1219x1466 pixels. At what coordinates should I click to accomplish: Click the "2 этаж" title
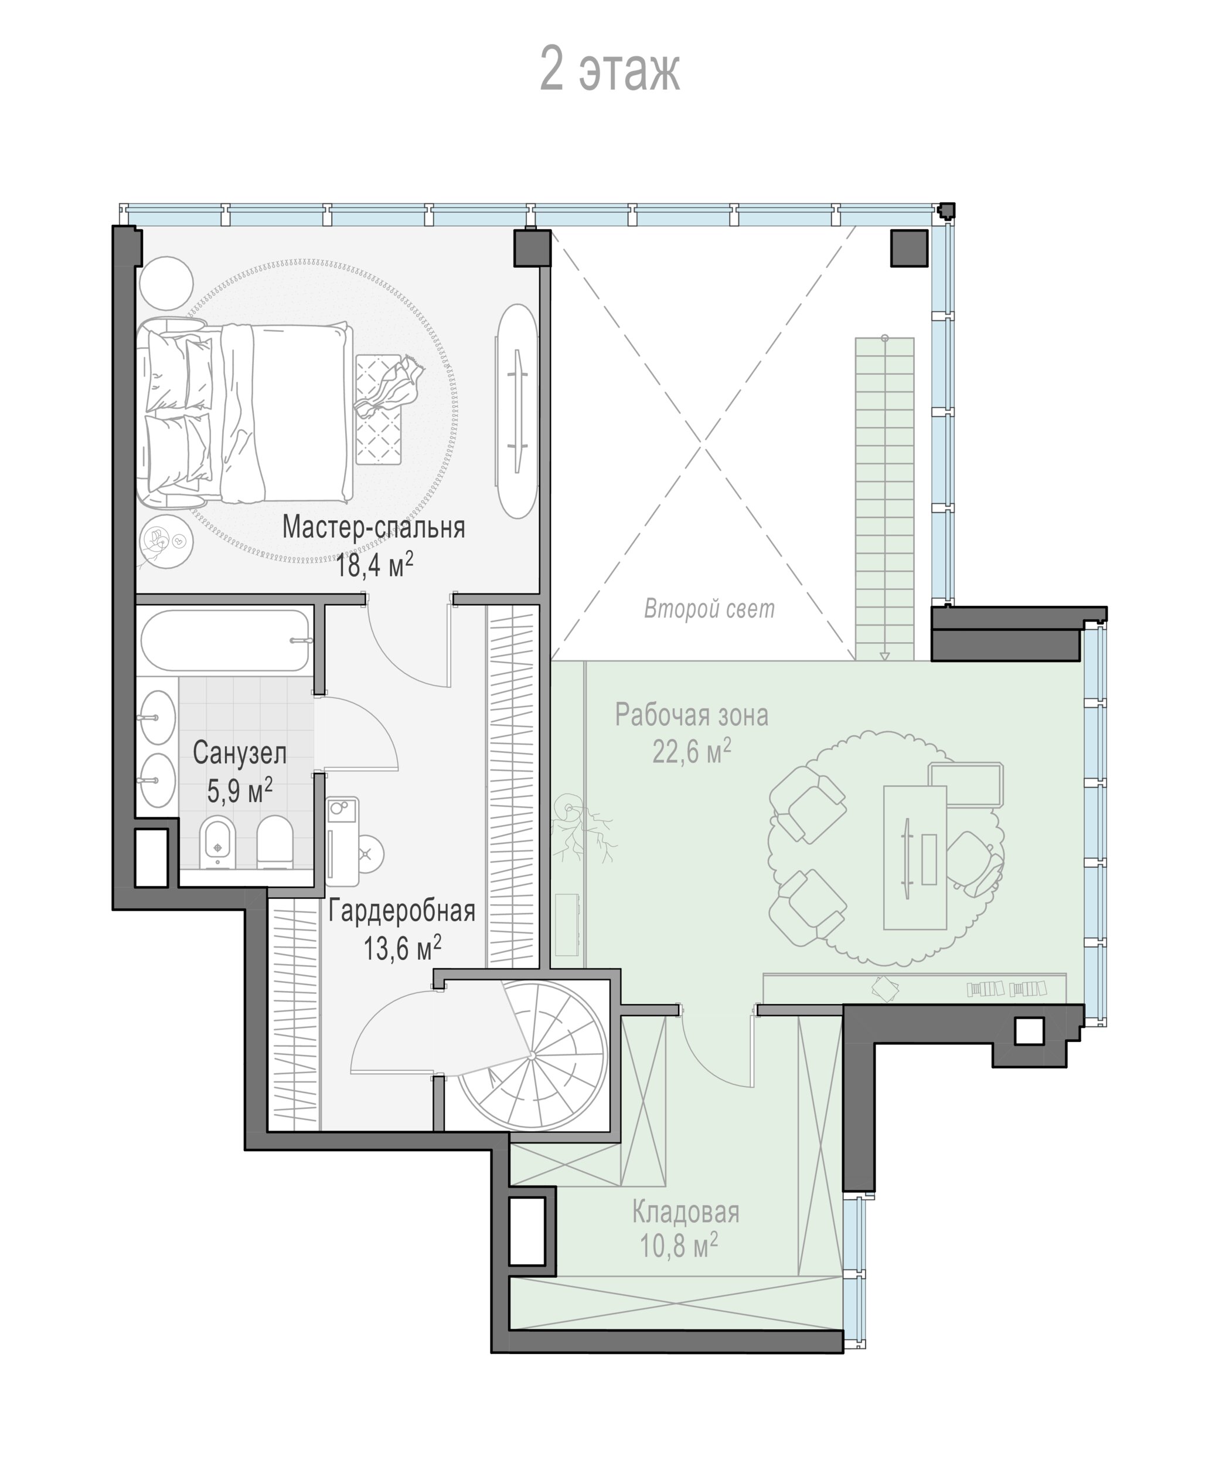pyautogui.click(x=610, y=70)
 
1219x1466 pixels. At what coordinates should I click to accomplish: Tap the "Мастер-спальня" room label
pyautogui.click(x=373, y=527)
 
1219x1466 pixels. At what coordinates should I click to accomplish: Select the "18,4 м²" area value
pyautogui.click(x=374, y=564)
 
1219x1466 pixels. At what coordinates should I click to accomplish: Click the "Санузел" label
pyautogui.click(x=239, y=754)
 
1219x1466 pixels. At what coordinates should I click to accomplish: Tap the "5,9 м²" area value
pyautogui.click(x=239, y=791)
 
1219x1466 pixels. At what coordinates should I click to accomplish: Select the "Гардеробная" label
pyautogui.click(x=402, y=911)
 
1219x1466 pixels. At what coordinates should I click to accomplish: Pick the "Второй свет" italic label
pyautogui.click(x=709, y=609)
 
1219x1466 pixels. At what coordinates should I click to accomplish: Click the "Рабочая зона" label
pyautogui.click(x=692, y=715)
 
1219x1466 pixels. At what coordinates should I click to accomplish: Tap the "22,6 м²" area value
pyautogui.click(x=692, y=752)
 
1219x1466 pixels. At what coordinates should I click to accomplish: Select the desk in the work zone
pyautogui.click(x=915, y=858)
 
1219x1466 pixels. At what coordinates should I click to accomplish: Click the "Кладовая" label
pyautogui.click(x=685, y=1213)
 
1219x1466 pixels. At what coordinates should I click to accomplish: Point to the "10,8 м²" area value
pyautogui.click(x=679, y=1249)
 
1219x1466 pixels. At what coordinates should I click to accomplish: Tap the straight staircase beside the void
pyautogui.click(x=885, y=498)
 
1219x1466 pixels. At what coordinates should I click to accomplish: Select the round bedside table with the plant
pyautogui.click(x=165, y=542)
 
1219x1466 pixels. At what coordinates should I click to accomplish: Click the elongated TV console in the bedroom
pyautogui.click(x=516, y=410)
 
